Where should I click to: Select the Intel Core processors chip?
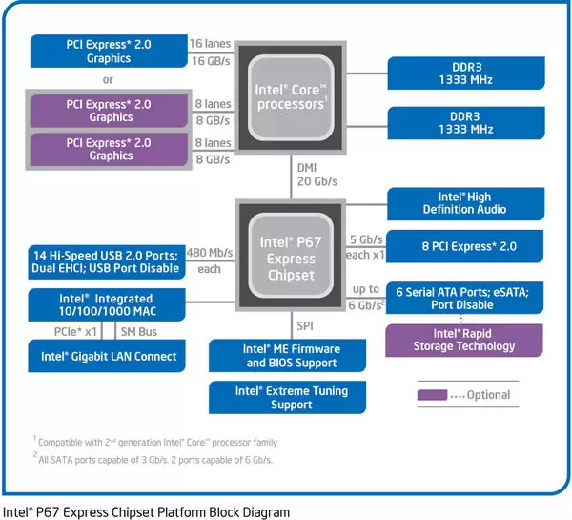tap(290, 96)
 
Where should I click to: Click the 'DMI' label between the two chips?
tap(308, 166)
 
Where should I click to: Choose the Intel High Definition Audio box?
tap(464, 202)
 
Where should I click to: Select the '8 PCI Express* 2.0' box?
tap(464, 245)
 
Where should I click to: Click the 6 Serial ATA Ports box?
tap(464, 298)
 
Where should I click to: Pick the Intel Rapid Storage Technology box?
tap(464, 340)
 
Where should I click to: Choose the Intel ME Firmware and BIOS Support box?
tap(291, 356)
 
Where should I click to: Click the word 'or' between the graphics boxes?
tap(109, 79)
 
